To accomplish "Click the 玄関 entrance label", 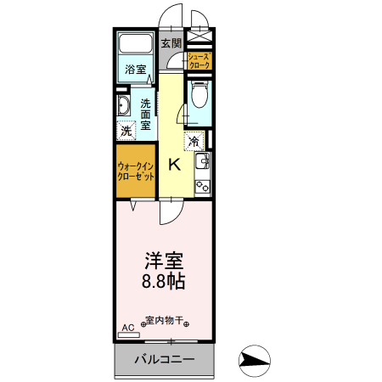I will tap(171, 42).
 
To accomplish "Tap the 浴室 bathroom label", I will tap(134, 69).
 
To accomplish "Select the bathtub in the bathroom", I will tap(134, 45).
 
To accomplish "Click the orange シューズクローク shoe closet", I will tap(199, 61).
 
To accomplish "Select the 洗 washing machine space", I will tap(126, 132).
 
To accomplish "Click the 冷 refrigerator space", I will tap(194, 141).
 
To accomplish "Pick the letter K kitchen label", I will tap(173, 165).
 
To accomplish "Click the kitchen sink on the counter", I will tap(202, 162).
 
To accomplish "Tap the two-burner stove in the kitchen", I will tap(202, 185).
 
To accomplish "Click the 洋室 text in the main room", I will tap(164, 259).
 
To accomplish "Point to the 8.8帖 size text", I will tap(164, 280).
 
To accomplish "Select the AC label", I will tap(128, 327).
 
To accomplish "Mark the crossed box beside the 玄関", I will tap(199, 37).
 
